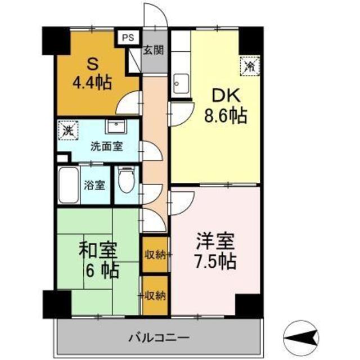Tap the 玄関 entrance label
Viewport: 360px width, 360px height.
point(153,50)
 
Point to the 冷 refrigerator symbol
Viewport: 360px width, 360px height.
point(250,65)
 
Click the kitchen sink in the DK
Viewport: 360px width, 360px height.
point(181,84)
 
